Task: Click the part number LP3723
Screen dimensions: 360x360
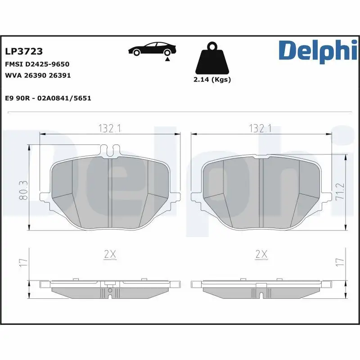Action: [x=23, y=52]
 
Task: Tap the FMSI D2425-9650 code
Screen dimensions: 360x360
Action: [x=37, y=64]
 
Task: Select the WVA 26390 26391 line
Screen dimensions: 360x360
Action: [x=37, y=75]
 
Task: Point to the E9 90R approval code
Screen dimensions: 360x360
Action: [x=48, y=98]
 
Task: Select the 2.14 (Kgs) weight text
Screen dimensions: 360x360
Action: [x=212, y=80]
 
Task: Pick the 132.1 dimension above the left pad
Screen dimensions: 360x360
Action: [x=110, y=128]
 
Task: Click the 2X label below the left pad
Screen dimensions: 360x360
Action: [x=110, y=255]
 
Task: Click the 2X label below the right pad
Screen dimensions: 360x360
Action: [x=261, y=255]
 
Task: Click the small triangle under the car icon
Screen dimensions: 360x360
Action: [x=167, y=59]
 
